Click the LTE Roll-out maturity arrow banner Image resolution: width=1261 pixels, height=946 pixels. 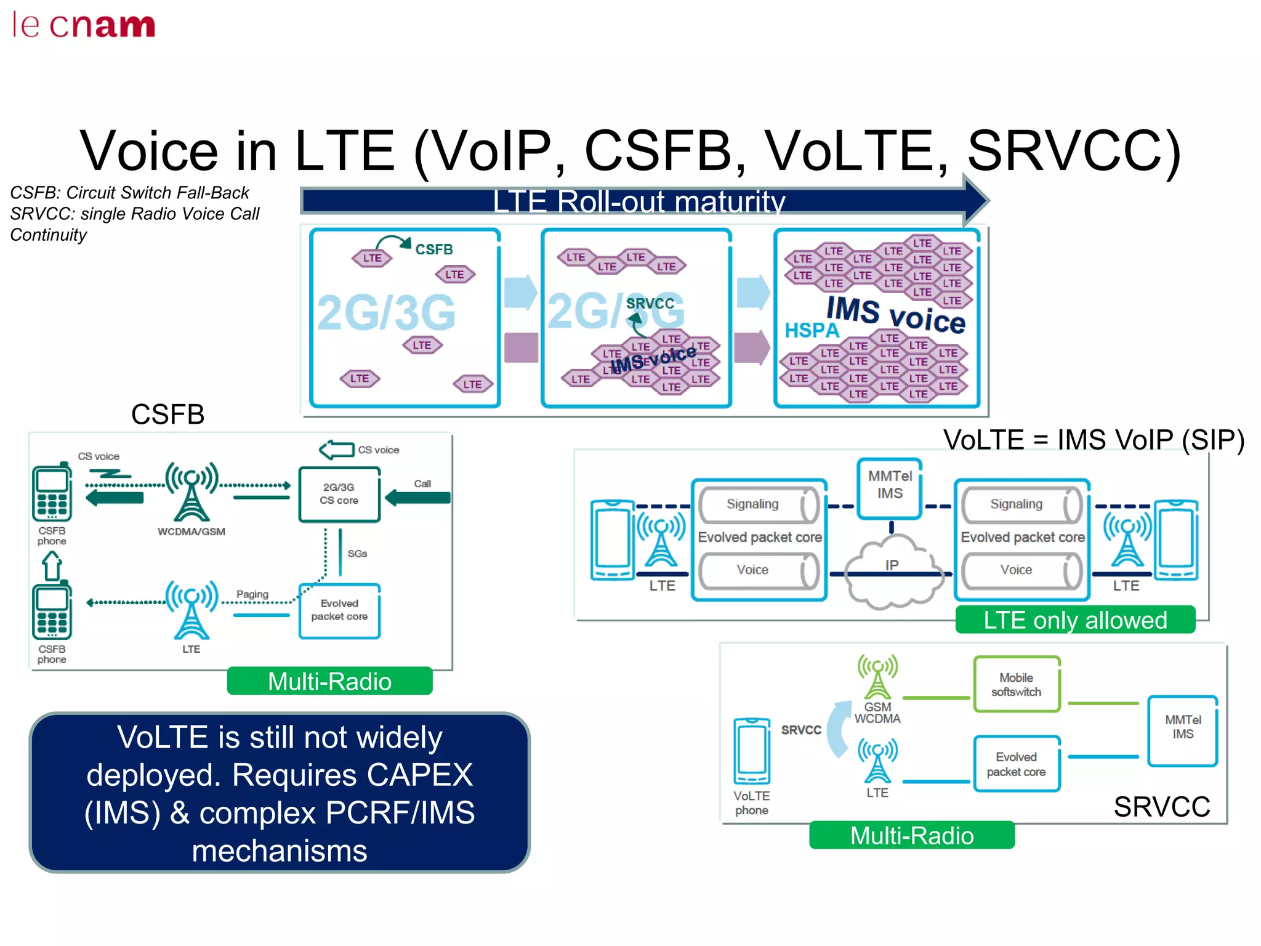point(640,201)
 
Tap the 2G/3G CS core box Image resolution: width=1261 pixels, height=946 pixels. point(339,494)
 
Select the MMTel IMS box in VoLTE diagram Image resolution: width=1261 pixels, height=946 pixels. point(890,485)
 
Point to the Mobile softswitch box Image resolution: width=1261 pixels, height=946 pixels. point(1016,684)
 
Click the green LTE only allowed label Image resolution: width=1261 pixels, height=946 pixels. point(1074,620)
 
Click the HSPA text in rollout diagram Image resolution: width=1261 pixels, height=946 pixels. point(811,330)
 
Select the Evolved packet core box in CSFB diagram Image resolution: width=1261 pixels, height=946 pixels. point(339,610)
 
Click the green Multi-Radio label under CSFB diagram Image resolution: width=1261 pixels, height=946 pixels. point(329,681)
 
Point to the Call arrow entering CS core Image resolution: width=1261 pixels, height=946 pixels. point(419,497)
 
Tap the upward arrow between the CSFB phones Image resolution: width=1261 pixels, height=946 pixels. point(52,565)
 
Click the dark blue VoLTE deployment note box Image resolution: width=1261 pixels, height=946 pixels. point(280,792)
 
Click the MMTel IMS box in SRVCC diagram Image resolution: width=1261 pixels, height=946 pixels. point(1182,730)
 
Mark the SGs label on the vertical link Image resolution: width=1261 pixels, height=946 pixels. point(357,554)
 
